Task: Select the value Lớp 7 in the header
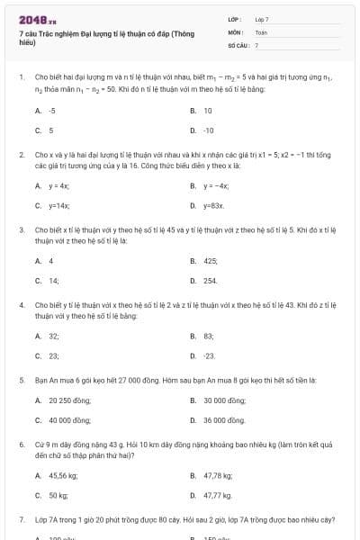tap(262, 19)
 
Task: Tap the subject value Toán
tap(261, 31)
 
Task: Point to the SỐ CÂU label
tap(237, 44)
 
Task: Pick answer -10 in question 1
tap(208, 130)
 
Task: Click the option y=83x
tap(212, 205)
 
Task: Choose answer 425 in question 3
tap(211, 261)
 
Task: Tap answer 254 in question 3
tap(210, 281)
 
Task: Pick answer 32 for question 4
tap(53, 336)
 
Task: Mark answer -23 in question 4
tap(209, 355)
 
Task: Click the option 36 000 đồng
tap(224, 419)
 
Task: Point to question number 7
tap(21, 519)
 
